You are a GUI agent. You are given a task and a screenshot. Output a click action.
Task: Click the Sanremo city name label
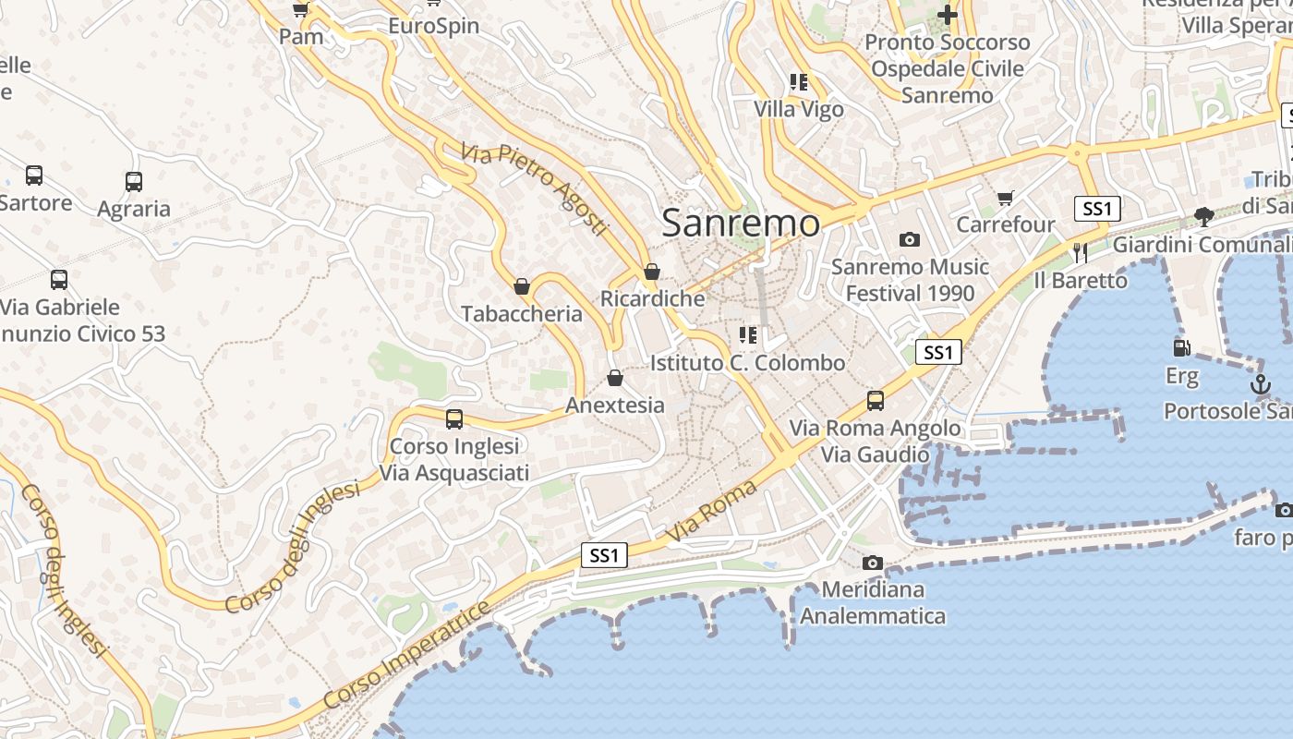tap(741, 224)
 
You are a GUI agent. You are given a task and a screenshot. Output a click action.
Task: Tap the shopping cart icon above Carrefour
tap(1006, 198)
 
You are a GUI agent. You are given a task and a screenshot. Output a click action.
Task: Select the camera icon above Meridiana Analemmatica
tap(872, 563)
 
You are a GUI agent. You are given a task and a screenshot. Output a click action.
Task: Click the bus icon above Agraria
tap(134, 182)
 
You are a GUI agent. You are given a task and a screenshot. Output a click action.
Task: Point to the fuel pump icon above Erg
tap(1181, 348)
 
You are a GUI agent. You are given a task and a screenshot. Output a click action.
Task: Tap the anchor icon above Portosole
tap(1261, 384)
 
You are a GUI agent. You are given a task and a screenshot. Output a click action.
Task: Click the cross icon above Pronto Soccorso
tap(947, 15)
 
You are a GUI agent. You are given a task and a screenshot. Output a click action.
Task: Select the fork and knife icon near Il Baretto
tap(1081, 252)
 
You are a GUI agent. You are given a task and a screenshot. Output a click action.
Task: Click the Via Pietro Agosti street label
tap(536, 189)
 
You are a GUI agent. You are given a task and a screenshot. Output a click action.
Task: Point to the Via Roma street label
tap(710, 511)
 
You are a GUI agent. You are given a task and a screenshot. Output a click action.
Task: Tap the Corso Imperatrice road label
tap(407, 657)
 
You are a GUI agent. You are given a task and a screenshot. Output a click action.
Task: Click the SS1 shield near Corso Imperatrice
tap(604, 555)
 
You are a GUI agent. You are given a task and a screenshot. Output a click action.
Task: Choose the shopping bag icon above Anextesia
tap(615, 379)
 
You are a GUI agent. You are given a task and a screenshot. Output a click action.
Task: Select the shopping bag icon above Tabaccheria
tap(522, 287)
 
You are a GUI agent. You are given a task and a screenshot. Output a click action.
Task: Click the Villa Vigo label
tap(799, 109)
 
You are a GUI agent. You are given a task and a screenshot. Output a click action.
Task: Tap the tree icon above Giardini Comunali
tap(1203, 217)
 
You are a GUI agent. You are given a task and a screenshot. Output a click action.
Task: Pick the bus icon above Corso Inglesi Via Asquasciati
tap(454, 419)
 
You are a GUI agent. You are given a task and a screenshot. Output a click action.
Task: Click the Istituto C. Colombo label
tap(747, 363)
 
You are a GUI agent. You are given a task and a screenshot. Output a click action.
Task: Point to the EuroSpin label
tap(433, 25)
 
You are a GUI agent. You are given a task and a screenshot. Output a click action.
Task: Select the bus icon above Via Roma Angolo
tap(875, 401)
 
